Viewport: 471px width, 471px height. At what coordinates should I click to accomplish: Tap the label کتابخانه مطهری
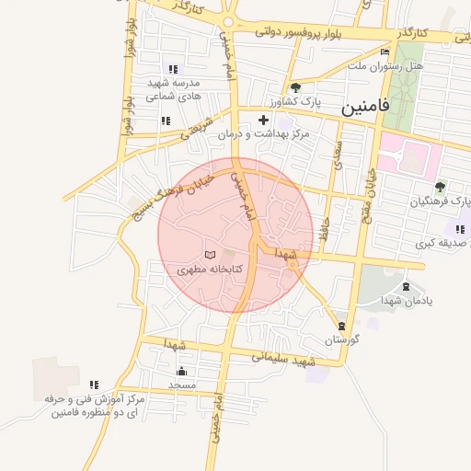(x=211, y=270)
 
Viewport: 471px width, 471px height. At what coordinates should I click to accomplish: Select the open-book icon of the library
(x=211, y=254)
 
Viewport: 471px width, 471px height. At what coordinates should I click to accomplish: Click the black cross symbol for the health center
(x=264, y=120)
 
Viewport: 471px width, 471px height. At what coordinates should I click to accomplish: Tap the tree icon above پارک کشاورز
(x=294, y=87)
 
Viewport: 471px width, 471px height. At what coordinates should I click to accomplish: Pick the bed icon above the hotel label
(x=385, y=52)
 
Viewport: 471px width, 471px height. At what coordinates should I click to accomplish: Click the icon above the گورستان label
(x=341, y=326)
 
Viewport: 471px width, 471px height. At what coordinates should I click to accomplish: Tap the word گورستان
(x=341, y=339)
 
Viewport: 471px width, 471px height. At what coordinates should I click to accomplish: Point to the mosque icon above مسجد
(x=181, y=371)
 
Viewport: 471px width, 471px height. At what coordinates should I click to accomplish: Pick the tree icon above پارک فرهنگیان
(x=440, y=185)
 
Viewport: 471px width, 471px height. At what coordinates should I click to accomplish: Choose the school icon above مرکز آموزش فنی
(x=94, y=385)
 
